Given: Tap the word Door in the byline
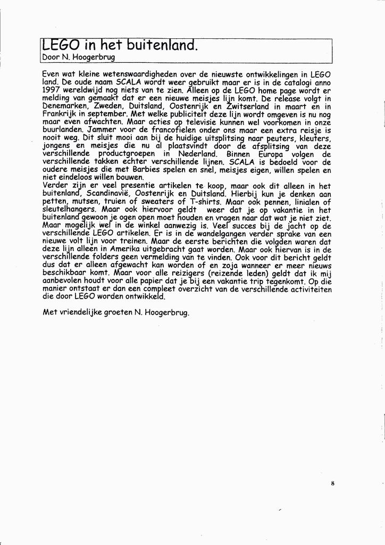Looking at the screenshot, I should pos(51,57).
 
